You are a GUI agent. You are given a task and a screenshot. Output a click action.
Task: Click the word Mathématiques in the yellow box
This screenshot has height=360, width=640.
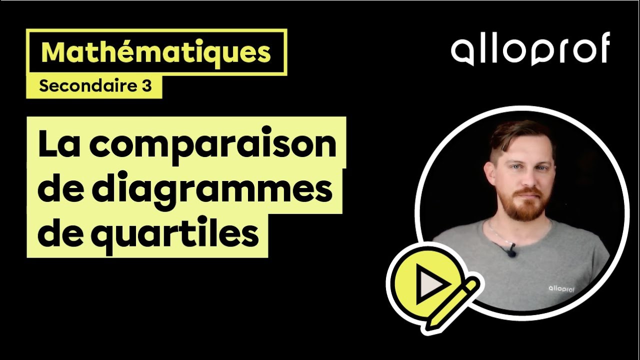(156, 52)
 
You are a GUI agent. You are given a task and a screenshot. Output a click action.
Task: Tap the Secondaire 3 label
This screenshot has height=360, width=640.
(95, 86)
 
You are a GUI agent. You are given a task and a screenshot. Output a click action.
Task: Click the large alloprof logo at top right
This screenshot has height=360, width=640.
(530, 48)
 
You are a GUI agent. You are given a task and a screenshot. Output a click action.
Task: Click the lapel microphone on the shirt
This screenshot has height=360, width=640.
(510, 252)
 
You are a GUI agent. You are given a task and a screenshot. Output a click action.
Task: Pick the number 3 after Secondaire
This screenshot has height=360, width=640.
(146, 86)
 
